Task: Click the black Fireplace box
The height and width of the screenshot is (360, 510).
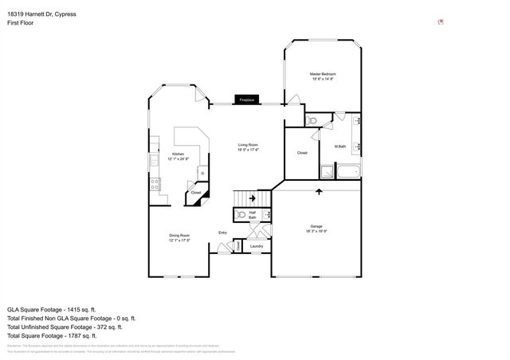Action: tap(245, 100)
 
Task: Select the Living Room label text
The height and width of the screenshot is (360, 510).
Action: tap(248, 147)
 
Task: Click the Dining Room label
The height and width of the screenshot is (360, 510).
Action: tap(179, 237)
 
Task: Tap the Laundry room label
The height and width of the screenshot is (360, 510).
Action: tap(256, 246)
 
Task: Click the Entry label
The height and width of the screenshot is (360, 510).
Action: tap(223, 233)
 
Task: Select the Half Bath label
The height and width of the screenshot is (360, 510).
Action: tap(253, 214)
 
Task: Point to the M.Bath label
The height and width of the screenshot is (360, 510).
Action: tap(339, 146)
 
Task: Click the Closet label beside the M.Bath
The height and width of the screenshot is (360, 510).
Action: tap(303, 153)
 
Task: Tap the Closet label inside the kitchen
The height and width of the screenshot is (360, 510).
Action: tap(196, 192)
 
